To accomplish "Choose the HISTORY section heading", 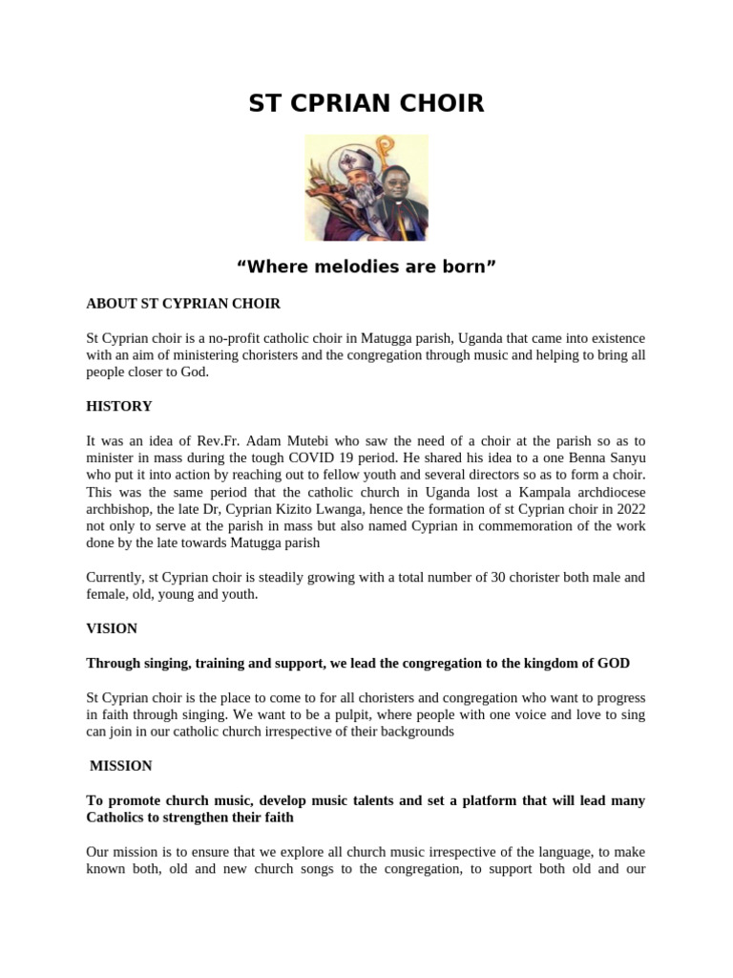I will pos(119,407).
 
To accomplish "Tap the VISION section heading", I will pos(112,628).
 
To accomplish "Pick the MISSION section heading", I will pos(120,766).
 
